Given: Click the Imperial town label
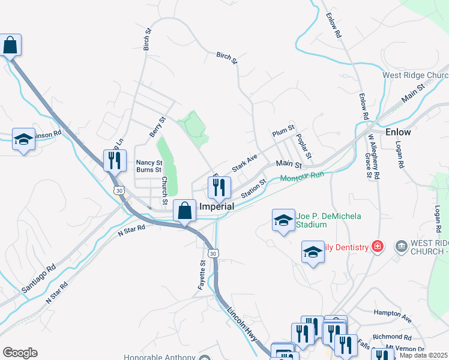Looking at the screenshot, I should click(x=215, y=206).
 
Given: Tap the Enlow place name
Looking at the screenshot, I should click(x=398, y=132).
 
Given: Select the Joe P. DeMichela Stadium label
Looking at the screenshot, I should click(x=328, y=220).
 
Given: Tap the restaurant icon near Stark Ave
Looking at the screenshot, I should click(x=218, y=188).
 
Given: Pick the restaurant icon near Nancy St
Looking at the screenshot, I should click(x=113, y=161).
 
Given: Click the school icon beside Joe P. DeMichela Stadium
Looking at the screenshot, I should click(x=283, y=220).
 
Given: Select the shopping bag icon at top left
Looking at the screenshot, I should click(x=10, y=45).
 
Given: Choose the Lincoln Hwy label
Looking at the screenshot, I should click(x=243, y=325).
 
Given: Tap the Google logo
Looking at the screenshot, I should click(x=20, y=353).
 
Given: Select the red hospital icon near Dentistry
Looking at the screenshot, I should click(x=377, y=246).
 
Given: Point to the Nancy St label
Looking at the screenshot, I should click(x=149, y=162).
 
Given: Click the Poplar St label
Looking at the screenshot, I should click(x=304, y=146).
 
